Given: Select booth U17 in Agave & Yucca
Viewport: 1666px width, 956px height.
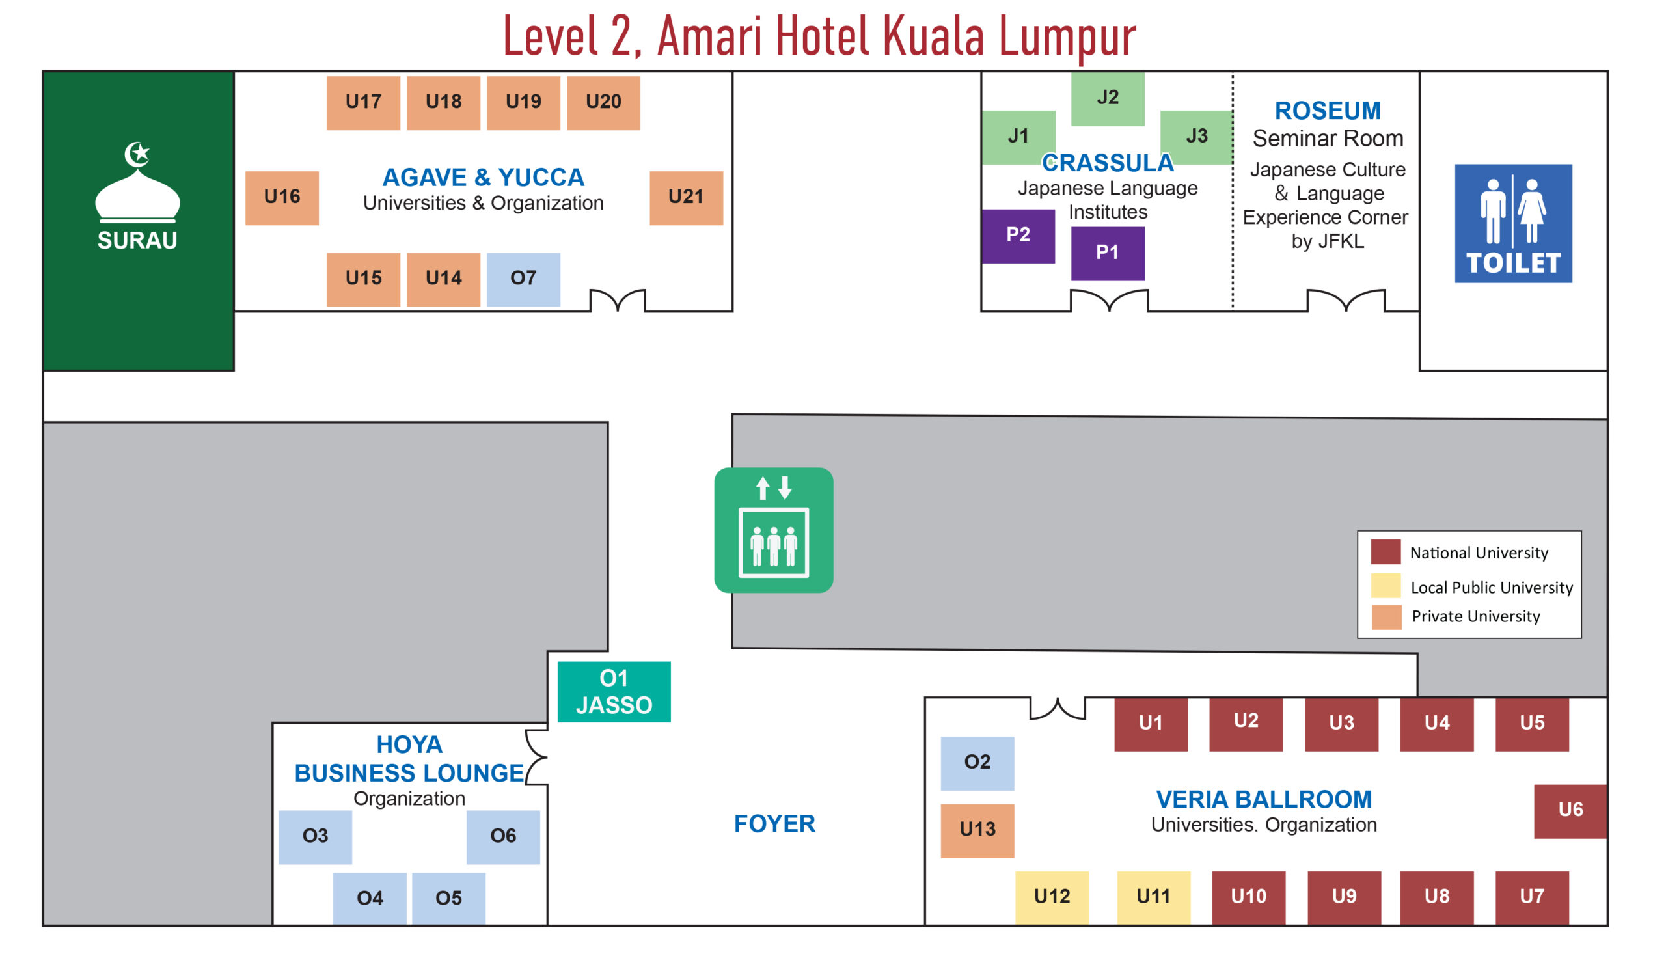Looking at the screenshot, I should (x=363, y=102).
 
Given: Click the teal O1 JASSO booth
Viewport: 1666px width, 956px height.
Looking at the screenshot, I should (x=614, y=691).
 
